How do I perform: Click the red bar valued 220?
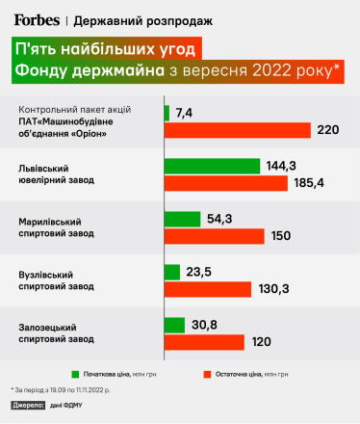click(x=238, y=129)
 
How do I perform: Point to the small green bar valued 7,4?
click(x=167, y=113)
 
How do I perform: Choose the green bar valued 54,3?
click(x=184, y=219)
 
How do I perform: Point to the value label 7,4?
click(x=185, y=113)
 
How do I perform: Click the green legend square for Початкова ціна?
click(x=74, y=372)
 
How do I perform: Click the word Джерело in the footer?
click(x=29, y=406)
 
